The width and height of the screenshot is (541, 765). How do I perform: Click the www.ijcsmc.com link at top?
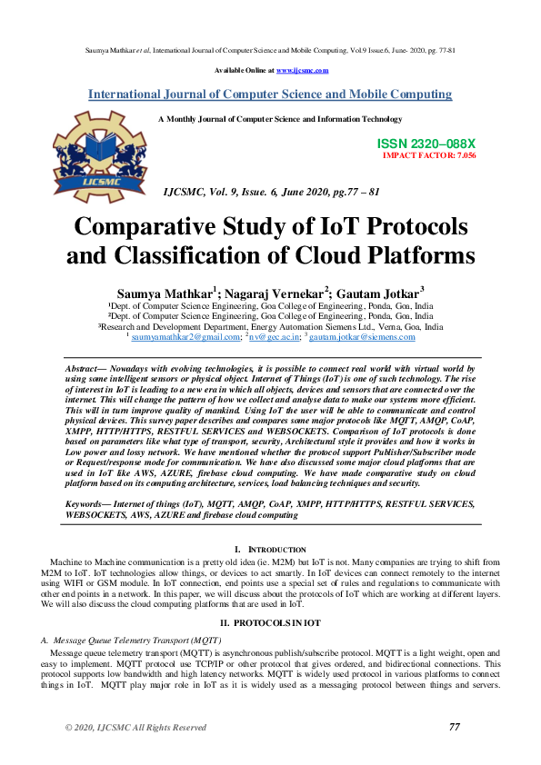(302, 70)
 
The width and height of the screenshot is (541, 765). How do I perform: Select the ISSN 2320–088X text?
(426, 144)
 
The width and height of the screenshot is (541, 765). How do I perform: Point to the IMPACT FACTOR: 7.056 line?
(429, 155)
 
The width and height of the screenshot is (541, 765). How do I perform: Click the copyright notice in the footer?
(135, 728)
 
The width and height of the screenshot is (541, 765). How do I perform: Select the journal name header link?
(270, 94)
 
